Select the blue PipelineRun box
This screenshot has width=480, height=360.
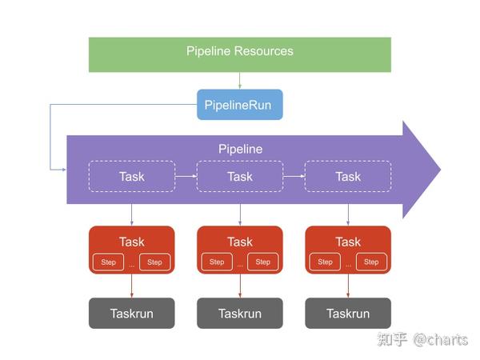pos(239,104)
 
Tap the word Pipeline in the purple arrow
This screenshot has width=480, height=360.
pos(240,149)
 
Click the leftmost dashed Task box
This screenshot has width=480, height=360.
pos(131,176)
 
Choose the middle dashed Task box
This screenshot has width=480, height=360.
pos(239,176)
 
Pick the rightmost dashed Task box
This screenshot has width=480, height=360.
pos(348,176)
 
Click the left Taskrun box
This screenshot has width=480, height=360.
pos(131,314)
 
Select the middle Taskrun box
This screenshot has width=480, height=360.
pos(239,314)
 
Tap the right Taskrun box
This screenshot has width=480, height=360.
pos(348,314)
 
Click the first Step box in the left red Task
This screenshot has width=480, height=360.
pos(109,262)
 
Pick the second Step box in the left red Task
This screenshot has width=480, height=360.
pos(154,262)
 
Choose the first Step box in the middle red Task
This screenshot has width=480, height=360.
pos(217,262)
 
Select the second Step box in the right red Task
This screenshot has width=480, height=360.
pos(371,262)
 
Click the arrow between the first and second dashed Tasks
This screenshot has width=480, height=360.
pos(186,176)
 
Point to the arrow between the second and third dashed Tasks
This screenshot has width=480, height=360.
pos(294,176)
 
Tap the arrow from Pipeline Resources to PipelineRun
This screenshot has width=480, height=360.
pos(239,80)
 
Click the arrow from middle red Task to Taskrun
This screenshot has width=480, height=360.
pos(239,286)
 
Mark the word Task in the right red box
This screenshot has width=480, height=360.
pos(348,242)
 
